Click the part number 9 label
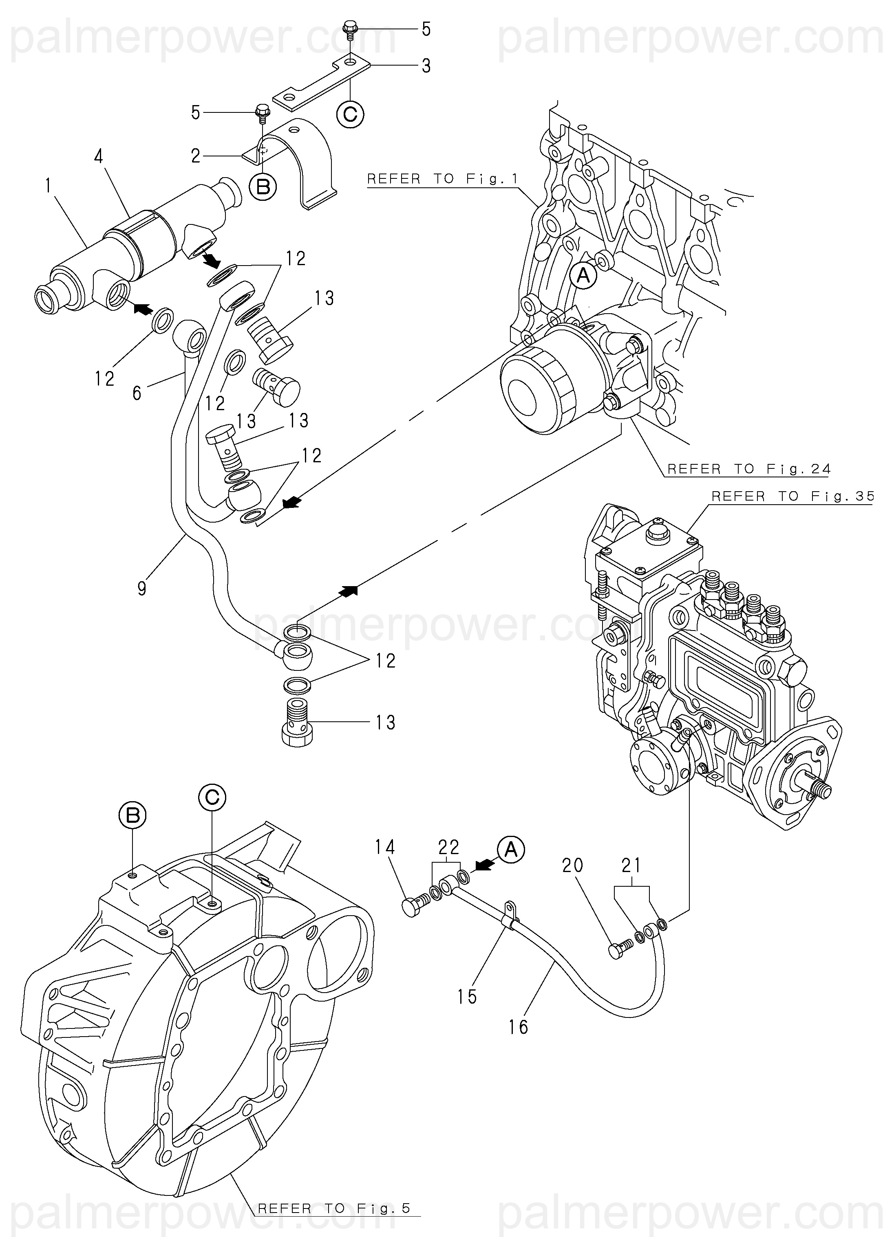tap(142, 589)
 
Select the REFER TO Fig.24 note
tap(749, 469)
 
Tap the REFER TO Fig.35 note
tap(793, 497)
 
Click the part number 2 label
tap(196, 156)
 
